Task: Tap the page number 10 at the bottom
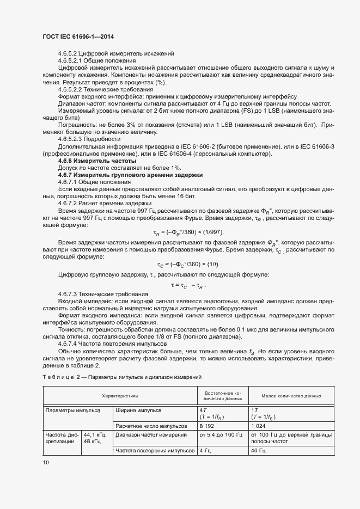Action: [x=46, y=462]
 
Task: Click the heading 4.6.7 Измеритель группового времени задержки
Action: [x=130, y=175]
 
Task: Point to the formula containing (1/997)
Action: [x=186, y=233]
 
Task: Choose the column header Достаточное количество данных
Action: [x=223, y=396]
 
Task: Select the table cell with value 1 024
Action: [x=259, y=426]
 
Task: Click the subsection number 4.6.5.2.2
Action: [x=73, y=89]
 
